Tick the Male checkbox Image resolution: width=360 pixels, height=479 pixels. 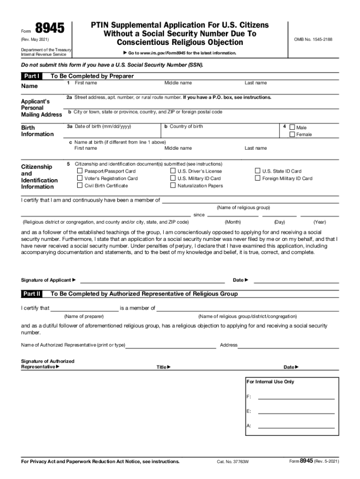click(x=292, y=127)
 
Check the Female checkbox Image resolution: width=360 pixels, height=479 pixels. click(x=292, y=135)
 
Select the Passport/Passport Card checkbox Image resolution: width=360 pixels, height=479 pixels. click(x=79, y=171)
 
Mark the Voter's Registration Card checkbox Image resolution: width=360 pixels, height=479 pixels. click(x=79, y=178)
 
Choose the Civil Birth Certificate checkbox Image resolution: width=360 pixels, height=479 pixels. click(x=79, y=186)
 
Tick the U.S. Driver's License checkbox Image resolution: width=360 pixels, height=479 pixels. click(x=173, y=171)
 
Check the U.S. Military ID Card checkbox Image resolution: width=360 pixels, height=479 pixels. click(x=173, y=178)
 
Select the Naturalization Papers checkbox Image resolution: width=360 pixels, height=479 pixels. click(x=173, y=186)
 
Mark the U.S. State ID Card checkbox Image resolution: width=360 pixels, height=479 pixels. click(x=257, y=171)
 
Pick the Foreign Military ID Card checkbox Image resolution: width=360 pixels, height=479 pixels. click(x=257, y=178)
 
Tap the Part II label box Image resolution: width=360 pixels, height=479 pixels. click(x=32, y=294)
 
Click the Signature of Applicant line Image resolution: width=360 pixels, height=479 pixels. click(x=152, y=281)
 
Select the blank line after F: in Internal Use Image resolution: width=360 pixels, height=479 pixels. click(x=296, y=397)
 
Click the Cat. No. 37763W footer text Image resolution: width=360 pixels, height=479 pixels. click(x=232, y=462)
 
